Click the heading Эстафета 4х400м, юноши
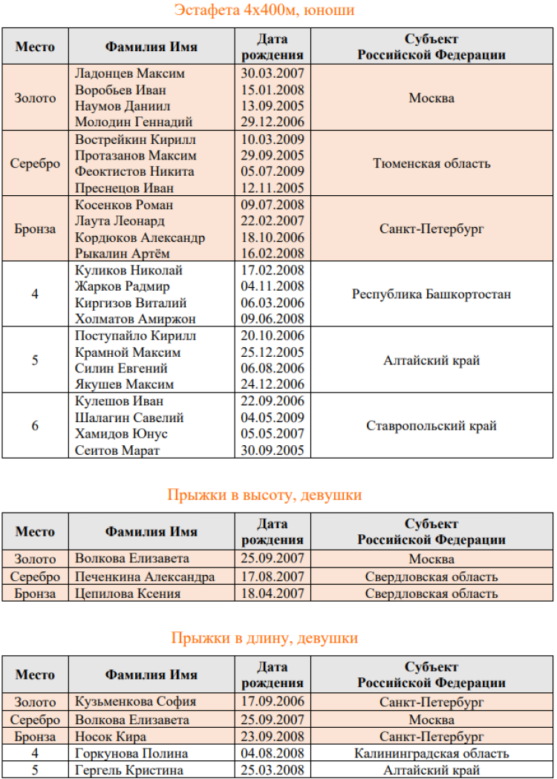click(x=264, y=10)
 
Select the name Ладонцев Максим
click(x=130, y=73)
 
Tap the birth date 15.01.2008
click(x=273, y=90)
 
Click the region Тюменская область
click(x=431, y=163)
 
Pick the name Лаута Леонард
click(x=120, y=221)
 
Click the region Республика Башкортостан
click(x=431, y=294)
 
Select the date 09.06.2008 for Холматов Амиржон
click(x=273, y=319)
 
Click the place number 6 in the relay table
click(x=35, y=426)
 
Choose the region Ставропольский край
click(x=431, y=426)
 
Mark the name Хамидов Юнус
click(x=122, y=434)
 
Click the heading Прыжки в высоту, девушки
click(x=264, y=495)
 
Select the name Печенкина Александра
click(x=146, y=576)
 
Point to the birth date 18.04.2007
click(x=273, y=594)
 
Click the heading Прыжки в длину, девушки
click(x=264, y=638)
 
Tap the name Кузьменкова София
click(x=136, y=701)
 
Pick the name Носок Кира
click(x=111, y=737)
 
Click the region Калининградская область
click(x=431, y=754)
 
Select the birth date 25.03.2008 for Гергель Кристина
click(x=273, y=771)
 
